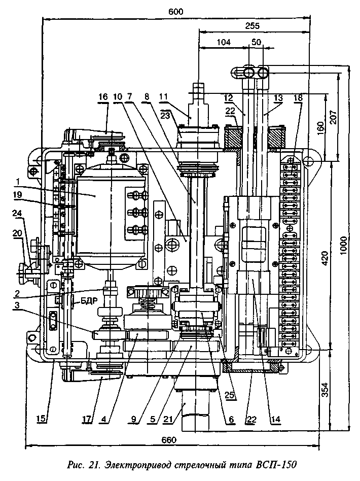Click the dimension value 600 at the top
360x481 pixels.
176,11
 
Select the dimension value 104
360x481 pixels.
223,44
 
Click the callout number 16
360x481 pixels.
103,97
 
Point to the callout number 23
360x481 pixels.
165,115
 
